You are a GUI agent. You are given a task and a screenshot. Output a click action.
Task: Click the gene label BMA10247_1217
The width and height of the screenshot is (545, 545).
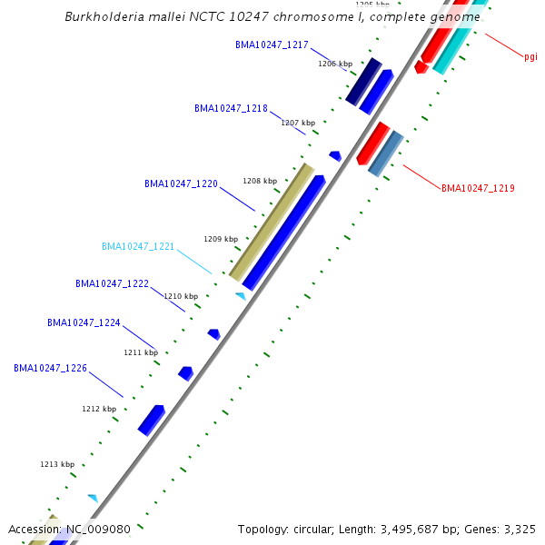tap(272, 45)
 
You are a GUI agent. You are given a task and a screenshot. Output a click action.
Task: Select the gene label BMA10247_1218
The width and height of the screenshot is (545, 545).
tap(231, 108)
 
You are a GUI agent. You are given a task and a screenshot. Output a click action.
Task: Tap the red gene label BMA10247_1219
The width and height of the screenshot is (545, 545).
tap(478, 189)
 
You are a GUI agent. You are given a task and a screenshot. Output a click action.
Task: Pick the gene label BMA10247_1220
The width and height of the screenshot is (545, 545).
tap(181, 183)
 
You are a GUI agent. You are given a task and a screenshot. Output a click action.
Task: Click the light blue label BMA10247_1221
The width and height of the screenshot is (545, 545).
tap(138, 246)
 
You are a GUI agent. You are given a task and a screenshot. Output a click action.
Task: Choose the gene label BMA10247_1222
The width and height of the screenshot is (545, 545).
tap(112, 283)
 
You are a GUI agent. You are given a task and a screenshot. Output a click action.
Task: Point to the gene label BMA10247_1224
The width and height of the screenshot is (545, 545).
tap(84, 322)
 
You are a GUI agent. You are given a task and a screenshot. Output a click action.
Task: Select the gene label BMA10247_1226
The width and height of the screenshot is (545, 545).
tap(50, 368)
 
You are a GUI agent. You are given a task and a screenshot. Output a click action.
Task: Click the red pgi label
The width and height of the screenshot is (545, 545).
tap(530, 56)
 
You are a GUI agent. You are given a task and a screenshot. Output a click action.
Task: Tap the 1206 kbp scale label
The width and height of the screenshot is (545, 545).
tap(334, 64)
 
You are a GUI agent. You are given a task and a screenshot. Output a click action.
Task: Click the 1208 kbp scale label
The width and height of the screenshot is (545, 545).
tap(259, 181)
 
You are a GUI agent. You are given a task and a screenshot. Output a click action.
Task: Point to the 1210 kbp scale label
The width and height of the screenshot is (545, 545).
tap(181, 296)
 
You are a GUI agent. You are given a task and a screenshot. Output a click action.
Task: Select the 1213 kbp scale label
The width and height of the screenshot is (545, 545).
tap(57, 464)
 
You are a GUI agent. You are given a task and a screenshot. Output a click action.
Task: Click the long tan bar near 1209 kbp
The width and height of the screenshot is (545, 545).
tap(272, 223)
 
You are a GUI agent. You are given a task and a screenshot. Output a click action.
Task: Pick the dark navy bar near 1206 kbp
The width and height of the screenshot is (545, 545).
tap(363, 81)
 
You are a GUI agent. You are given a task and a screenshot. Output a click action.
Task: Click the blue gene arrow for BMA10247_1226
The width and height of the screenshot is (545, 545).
tap(151, 420)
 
